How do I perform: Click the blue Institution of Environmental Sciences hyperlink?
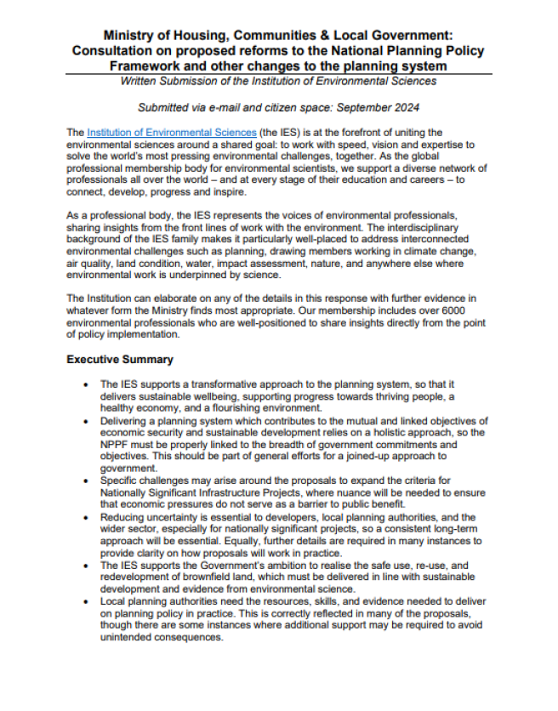click(x=171, y=133)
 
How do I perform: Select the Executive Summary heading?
click(x=120, y=360)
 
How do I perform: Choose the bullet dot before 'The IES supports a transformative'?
click(x=85, y=385)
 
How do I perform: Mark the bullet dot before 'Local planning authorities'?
click(x=85, y=600)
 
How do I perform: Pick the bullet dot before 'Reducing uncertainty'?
click(x=85, y=517)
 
